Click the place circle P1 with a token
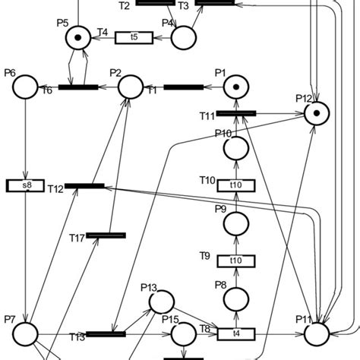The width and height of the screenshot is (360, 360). tap(237, 87)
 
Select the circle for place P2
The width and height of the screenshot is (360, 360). tap(131, 87)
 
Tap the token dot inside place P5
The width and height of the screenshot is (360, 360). tap(76, 36)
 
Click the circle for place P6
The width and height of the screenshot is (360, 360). tap(25, 87)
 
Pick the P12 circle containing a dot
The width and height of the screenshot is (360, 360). tap(316, 114)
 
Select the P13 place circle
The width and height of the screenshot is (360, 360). tap(161, 302)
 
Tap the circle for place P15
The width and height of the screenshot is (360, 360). tap(183, 333)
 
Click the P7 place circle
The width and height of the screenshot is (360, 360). tap(26, 333)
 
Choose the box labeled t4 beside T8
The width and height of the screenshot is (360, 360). tap(237, 333)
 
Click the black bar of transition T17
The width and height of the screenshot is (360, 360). tap(105, 235)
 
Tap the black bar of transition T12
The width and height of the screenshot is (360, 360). tap(84, 185)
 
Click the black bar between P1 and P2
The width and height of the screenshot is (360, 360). tap(183, 87)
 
